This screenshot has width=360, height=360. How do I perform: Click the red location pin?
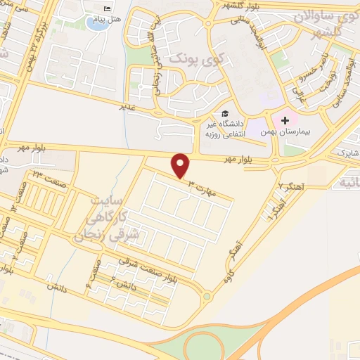[x=181, y=165]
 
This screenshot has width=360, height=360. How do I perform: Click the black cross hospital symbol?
[x=285, y=120]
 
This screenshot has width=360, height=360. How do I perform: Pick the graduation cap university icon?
[x=225, y=113]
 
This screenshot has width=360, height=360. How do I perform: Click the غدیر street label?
[x=127, y=107]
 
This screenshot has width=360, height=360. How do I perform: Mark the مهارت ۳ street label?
[x=204, y=186]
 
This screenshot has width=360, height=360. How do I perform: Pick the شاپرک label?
[x=347, y=151]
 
